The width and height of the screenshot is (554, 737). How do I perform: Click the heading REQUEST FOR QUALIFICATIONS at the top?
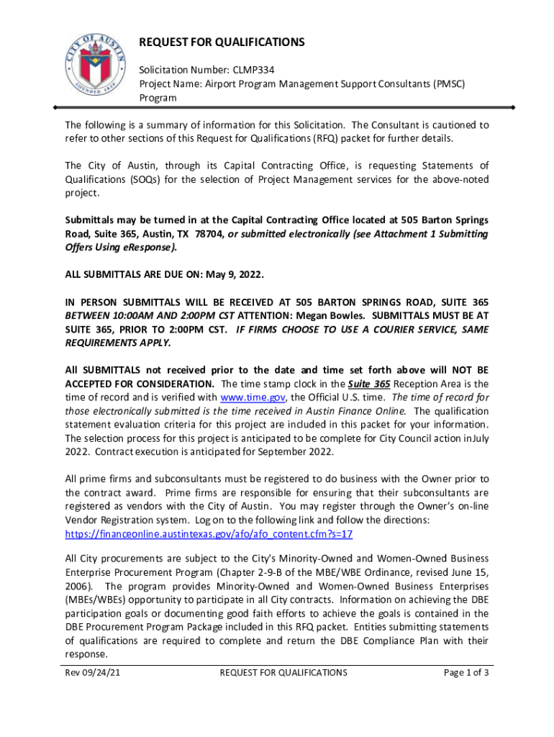tap(222, 42)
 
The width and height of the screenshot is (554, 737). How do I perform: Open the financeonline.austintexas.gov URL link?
tap(209, 535)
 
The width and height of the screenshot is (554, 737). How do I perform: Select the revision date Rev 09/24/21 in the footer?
tap(91, 672)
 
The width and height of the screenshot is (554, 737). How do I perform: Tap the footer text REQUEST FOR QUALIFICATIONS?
tap(283, 672)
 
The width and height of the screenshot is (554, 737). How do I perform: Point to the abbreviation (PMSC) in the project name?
tap(448, 83)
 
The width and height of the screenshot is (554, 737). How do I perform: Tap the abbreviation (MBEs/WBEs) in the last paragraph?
tap(97, 600)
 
